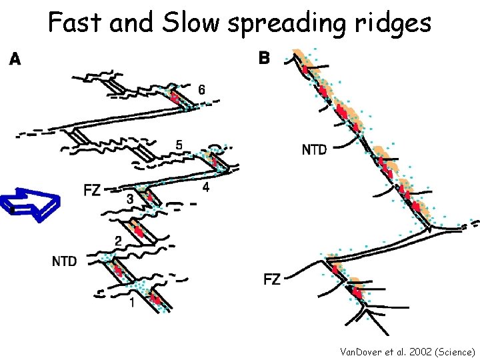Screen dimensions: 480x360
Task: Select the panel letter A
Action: (15, 60)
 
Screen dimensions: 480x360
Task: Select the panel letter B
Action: (264, 59)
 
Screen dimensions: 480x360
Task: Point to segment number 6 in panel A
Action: (202, 90)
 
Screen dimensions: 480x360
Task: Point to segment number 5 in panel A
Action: (179, 144)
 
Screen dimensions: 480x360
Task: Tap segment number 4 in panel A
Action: (206, 187)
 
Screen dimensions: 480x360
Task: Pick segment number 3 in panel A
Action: (130, 199)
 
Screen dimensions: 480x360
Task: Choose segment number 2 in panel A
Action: (118, 241)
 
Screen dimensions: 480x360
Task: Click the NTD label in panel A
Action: (64, 261)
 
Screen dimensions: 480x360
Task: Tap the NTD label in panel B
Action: (315, 149)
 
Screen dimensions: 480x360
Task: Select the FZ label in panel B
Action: (272, 279)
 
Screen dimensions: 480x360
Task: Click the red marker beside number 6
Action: (175, 98)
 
